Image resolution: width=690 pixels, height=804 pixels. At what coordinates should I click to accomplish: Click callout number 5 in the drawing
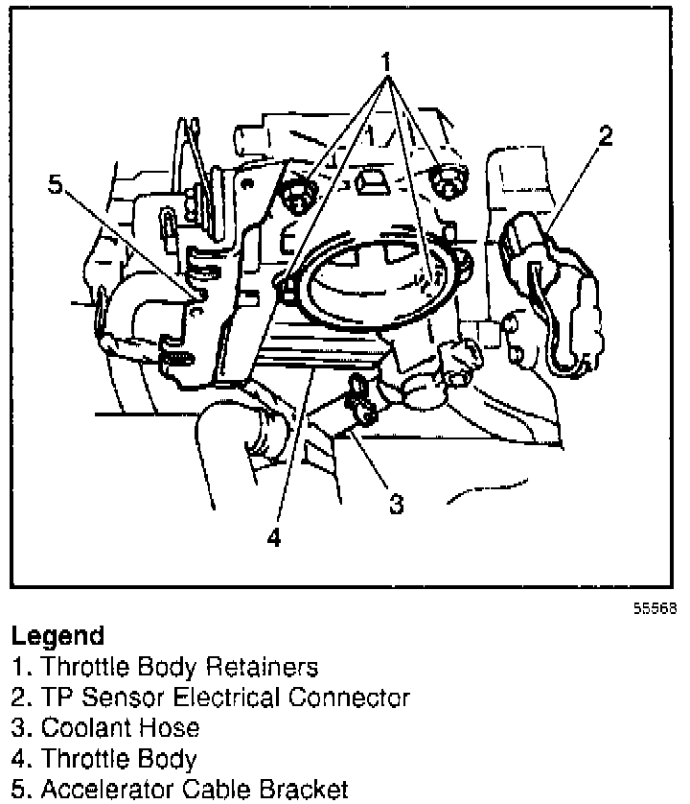click(x=56, y=183)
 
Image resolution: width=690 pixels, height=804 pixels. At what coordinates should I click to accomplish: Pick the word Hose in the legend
click(x=173, y=727)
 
